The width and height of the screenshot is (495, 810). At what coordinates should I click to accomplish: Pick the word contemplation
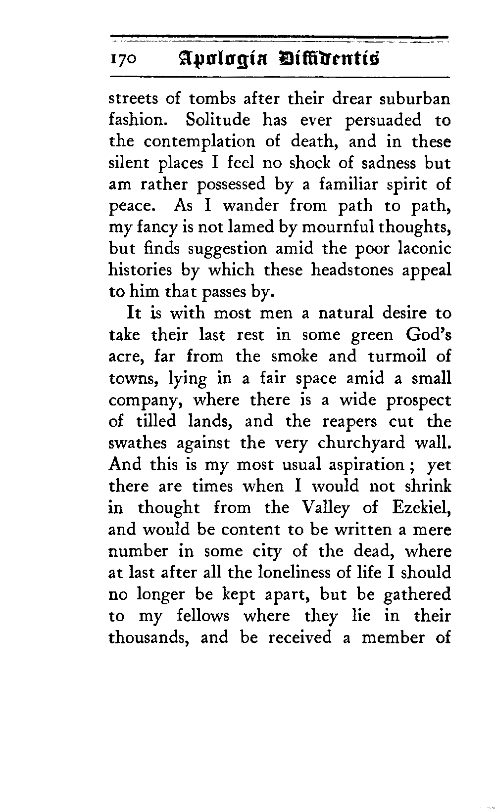(200, 141)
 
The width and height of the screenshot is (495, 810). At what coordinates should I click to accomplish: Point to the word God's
(428, 335)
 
